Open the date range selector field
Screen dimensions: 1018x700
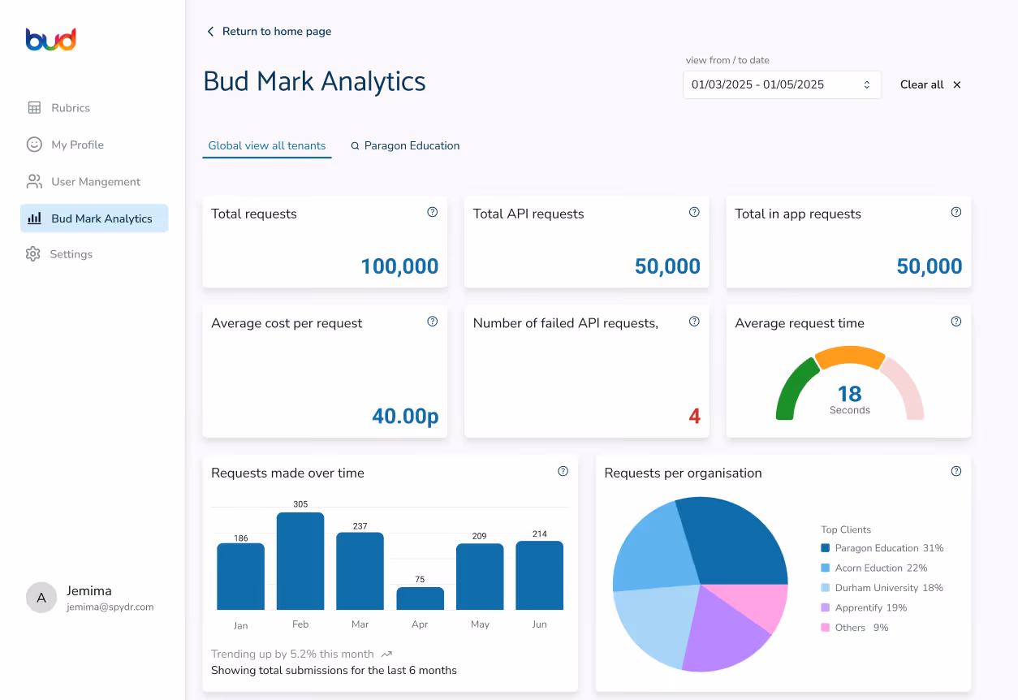pyautogui.click(x=782, y=84)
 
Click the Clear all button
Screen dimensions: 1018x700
pyautogui.click(x=930, y=84)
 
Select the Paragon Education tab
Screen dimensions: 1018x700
pyautogui.click(x=405, y=145)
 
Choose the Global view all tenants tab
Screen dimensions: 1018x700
pyautogui.click(x=267, y=145)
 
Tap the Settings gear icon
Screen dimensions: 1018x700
pyautogui.click(x=33, y=254)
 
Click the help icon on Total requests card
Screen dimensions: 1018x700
pyautogui.click(x=432, y=212)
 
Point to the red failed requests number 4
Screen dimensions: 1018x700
pyautogui.click(x=694, y=416)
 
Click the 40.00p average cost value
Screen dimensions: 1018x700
pyautogui.click(x=405, y=416)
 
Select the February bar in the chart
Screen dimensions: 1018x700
pyautogui.click(x=300, y=561)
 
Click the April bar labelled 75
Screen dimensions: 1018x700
pyautogui.click(x=420, y=598)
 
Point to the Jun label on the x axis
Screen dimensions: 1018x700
pyautogui.click(x=540, y=624)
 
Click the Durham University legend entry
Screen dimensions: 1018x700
pyautogui.click(x=882, y=588)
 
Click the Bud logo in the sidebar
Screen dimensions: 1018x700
pyautogui.click(x=51, y=40)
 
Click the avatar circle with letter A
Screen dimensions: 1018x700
pyautogui.click(x=41, y=598)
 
